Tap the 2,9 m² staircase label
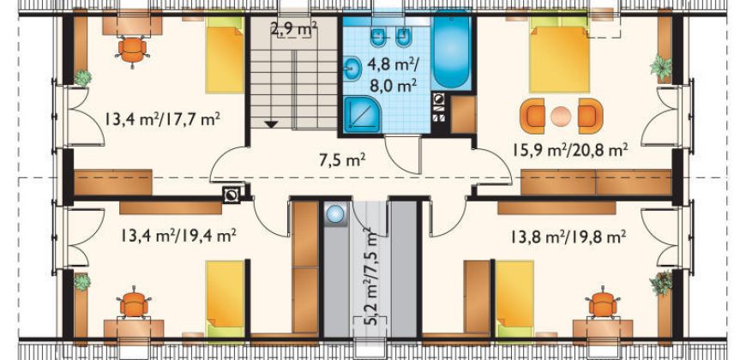294,29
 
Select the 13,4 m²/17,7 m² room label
162,118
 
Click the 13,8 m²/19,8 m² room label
569,236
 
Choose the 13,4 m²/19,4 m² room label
178,235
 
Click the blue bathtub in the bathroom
450,51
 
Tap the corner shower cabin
362,114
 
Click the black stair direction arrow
271,124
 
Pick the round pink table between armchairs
561,116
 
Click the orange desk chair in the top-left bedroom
132,50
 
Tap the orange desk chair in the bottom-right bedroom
603,303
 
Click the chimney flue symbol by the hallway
232,195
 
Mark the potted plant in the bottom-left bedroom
81,282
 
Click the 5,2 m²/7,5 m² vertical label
367,275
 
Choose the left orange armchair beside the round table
532,116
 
